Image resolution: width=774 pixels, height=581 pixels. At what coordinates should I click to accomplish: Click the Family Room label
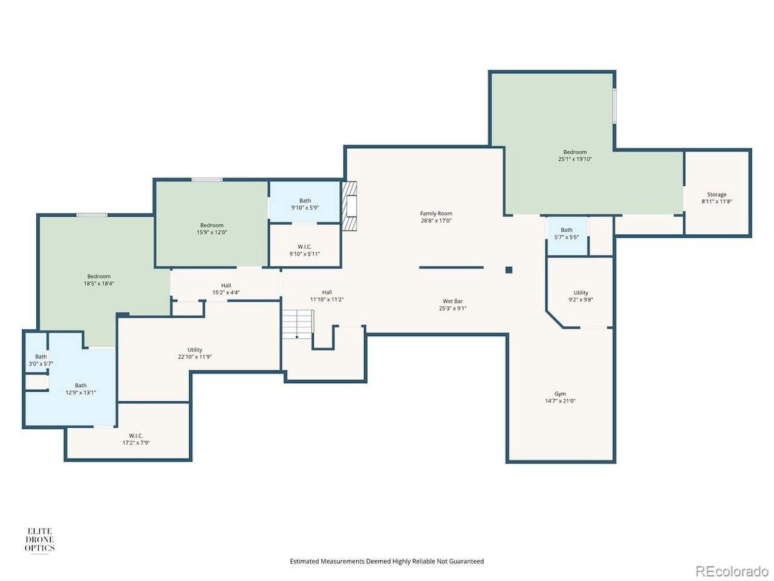(x=436, y=214)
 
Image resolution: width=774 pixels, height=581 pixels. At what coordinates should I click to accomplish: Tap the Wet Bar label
(x=452, y=301)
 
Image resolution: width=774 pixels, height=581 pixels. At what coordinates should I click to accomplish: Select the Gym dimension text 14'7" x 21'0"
(x=560, y=401)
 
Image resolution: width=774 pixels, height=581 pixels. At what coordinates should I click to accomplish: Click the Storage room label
(x=717, y=195)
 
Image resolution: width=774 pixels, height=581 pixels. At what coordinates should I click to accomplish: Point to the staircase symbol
(x=298, y=324)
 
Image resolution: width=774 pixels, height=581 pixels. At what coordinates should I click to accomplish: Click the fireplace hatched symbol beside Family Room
(x=350, y=206)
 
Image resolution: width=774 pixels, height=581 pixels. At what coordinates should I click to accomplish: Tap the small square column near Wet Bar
(x=509, y=270)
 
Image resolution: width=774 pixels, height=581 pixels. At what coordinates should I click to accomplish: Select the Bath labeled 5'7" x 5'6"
(x=567, y=234)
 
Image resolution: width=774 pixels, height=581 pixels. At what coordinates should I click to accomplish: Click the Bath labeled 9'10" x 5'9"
(x=305, y=204)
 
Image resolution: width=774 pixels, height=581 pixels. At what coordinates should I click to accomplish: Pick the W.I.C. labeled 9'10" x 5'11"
(x=305, y=250)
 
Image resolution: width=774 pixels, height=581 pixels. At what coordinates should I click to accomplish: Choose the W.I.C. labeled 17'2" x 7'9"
(x=136, y=439)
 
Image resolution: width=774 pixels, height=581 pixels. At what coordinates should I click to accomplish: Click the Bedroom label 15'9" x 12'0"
(x=212, y=229)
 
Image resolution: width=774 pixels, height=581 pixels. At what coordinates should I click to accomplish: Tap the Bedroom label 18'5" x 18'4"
(x=99, y=280)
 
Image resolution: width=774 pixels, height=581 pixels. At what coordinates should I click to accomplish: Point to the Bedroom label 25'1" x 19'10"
(x=574, y=156)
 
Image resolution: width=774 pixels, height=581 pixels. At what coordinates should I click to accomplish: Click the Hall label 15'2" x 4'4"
(x=226, y=289)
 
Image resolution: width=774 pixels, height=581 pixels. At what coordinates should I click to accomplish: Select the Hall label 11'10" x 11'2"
(x=327, y=296)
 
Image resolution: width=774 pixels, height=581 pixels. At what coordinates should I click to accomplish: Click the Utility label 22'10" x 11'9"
(x=195, y=353)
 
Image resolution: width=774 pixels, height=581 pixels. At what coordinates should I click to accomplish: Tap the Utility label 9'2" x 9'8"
(x=580, y=296)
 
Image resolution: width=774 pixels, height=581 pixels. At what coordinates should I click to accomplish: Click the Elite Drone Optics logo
(x=39, y=540)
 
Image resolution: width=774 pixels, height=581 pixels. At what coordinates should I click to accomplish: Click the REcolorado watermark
(x=732, y=571)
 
